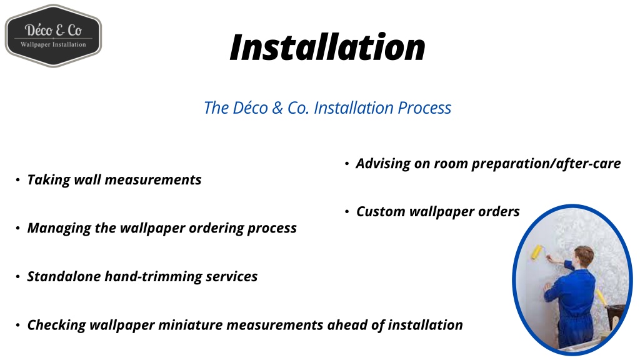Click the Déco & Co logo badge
(53, 36)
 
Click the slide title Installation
(327, 47)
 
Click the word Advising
(382, 164)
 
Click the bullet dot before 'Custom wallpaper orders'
(346, 212)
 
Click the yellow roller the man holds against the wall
(536, 252)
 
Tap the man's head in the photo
(582, 256)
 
